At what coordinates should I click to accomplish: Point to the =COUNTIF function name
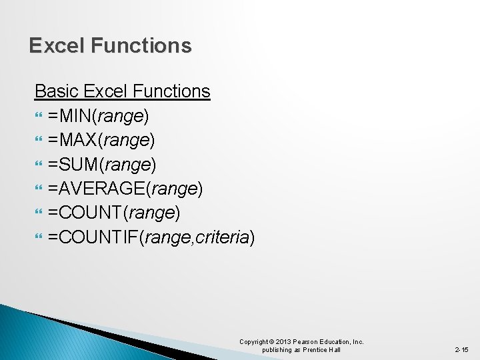pyautogui.click(x=92, y=237)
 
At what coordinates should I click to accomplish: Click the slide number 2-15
pyautogui.click(x=462, y=349)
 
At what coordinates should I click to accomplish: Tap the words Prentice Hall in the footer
pyautogui.click(x=321, y=350)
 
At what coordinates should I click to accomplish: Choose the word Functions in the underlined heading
pyautogui.click(x=172, y=91)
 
